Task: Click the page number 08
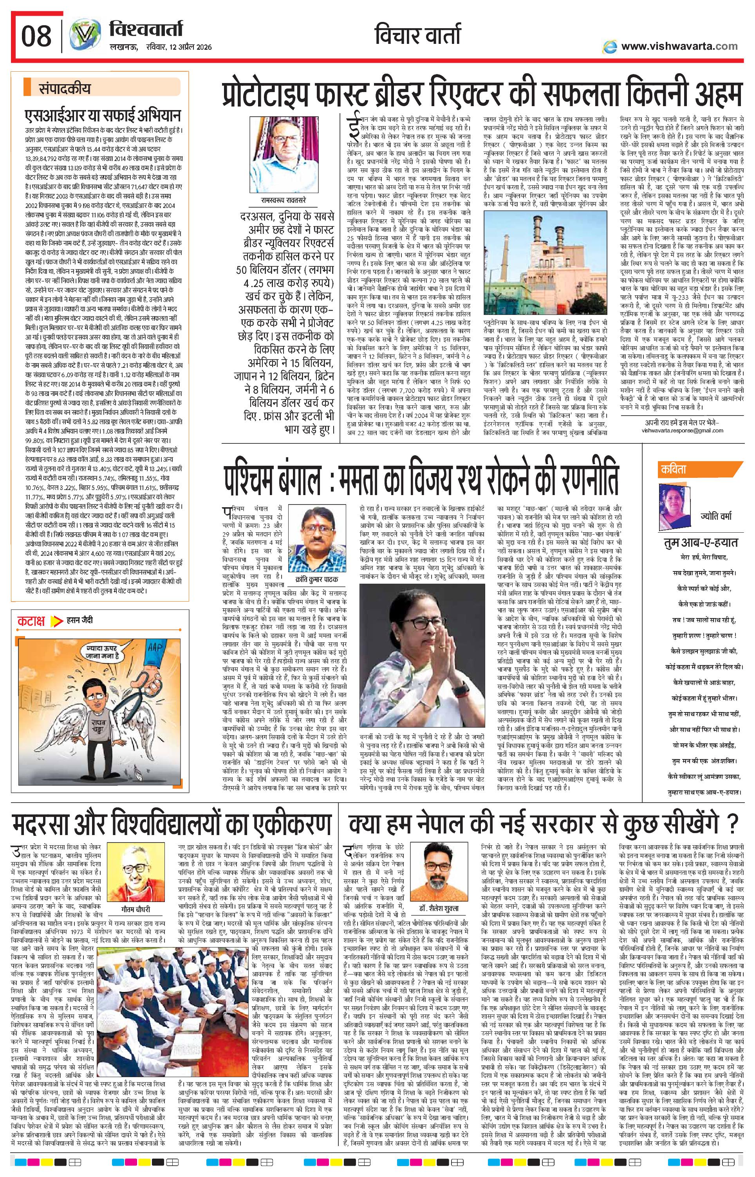tap(36, 36)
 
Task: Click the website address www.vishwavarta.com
tap(679, 46)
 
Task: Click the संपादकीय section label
tap(64, 90)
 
